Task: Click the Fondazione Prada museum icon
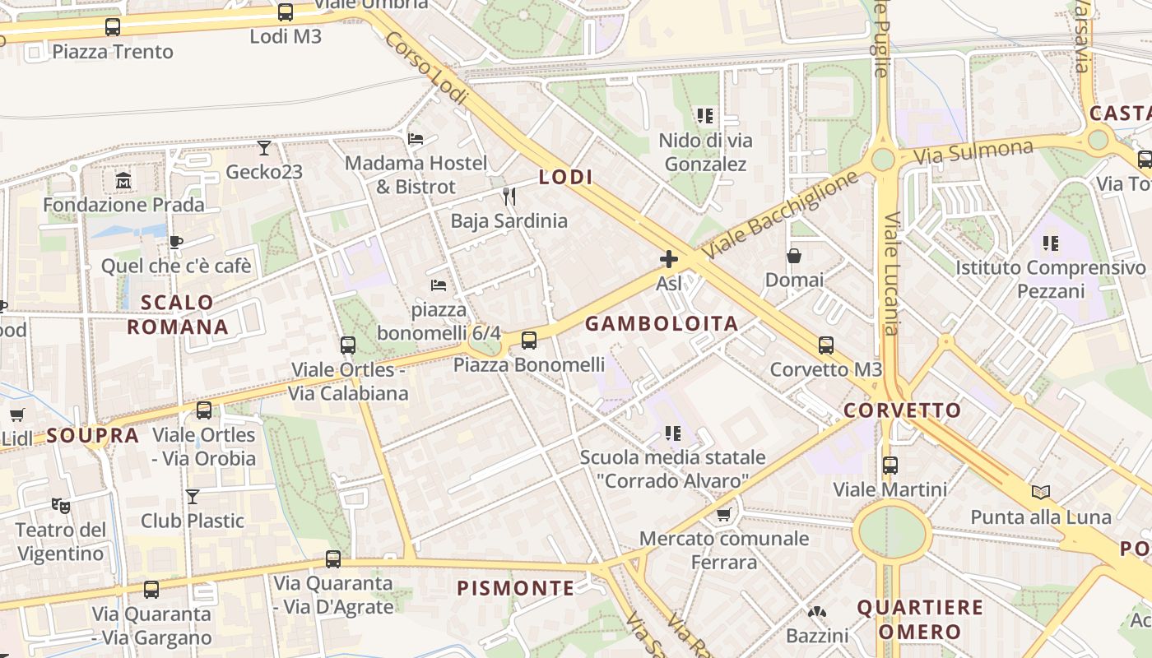123,180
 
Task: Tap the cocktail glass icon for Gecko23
264,148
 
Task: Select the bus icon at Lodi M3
286,12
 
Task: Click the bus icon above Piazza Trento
113,27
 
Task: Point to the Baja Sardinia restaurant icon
509,196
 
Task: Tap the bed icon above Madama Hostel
416,139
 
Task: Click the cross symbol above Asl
669,260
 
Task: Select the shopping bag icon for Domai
794,256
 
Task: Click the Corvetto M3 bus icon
826,345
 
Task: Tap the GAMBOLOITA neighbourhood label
662,324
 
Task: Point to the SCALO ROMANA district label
177,314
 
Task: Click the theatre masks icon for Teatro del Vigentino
60,505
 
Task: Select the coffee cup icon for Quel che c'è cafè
175,242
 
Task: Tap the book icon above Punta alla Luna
1041,492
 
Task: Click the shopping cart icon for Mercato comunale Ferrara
723,515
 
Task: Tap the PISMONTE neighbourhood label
516,588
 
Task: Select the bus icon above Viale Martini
890,466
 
